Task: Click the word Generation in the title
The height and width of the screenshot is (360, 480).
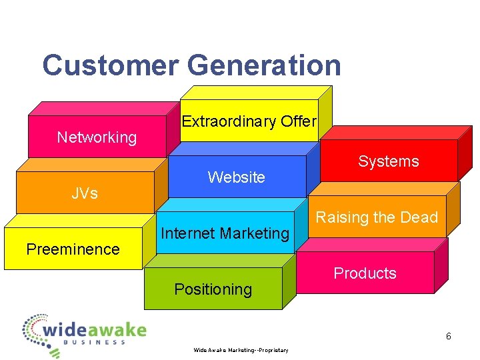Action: tap(264, 65)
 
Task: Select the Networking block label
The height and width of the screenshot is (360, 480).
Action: tap(97, 137)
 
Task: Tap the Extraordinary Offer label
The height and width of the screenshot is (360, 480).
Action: tap(249, 121)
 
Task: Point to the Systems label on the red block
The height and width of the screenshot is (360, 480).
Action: tap(389, 161)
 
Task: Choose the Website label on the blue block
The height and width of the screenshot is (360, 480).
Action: tap(236, 177)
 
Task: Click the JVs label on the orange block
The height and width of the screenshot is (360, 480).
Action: tap(85, 193)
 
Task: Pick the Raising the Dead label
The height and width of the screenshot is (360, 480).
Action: tap(377, 217)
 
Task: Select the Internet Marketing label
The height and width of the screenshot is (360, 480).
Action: tap(225, 233)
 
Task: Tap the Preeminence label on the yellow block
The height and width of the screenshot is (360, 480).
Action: tap(73, 249)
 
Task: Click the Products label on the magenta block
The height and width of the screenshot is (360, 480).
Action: tap(365, 273)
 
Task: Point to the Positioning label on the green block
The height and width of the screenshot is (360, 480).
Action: tap(213, 289)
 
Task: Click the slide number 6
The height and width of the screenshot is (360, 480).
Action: tap(449, 337)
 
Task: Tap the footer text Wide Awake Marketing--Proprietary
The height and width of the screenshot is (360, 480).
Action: tap(241, 350)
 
